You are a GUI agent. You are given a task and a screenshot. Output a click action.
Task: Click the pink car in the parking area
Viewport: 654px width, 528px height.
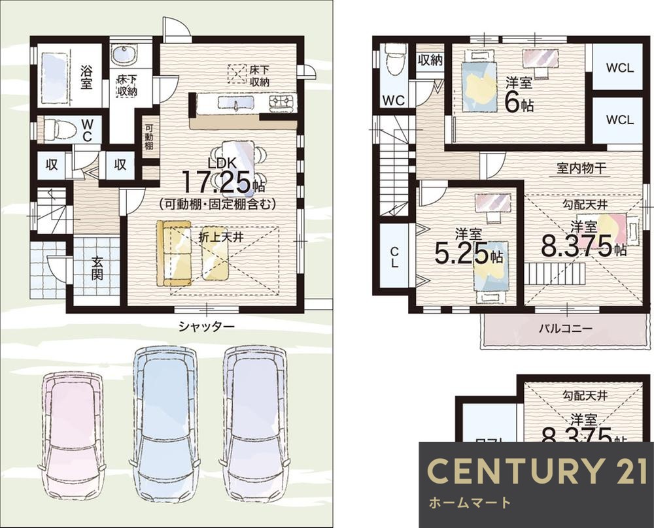(73, 435)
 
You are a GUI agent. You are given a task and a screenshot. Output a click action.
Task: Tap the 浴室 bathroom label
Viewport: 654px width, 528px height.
(86, 77)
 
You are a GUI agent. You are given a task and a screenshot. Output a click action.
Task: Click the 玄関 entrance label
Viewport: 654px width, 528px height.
(97, 267)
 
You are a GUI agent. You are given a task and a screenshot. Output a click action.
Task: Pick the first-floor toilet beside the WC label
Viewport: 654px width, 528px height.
(61, 129)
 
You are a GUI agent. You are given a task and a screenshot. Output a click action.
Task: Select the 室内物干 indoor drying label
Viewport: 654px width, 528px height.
(582, 168)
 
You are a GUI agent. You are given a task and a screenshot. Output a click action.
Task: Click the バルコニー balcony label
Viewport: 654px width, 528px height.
(566, 328)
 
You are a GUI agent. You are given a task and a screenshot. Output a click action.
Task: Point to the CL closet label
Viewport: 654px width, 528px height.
(394, 256)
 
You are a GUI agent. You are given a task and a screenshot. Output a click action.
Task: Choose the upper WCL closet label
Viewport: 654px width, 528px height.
(619, 67)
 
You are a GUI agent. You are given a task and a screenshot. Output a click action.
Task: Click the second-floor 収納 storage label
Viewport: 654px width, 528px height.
(429, 60)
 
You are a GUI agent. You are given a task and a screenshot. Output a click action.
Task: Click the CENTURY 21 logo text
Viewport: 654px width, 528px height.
(536, 472)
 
